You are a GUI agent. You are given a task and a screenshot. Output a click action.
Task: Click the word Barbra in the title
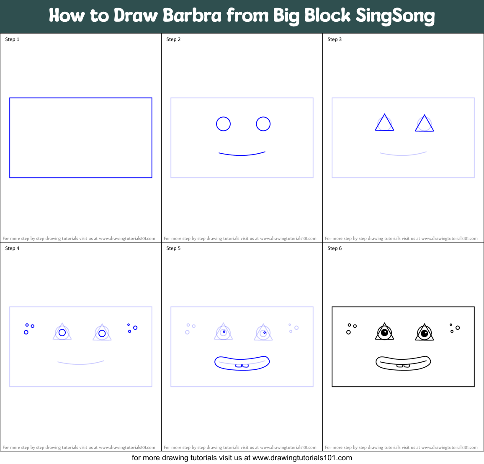coord(192,16)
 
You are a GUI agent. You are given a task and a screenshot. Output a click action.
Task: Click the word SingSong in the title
coord(395,16)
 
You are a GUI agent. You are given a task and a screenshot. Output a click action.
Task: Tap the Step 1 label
coord(12,39)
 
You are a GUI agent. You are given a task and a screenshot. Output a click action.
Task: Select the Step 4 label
coord(12,248)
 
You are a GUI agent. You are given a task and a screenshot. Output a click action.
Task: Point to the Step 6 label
coord(335,248)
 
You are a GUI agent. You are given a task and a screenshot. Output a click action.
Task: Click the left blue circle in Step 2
coord(223,124)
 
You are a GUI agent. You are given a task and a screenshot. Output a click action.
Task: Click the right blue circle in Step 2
coord(263,124)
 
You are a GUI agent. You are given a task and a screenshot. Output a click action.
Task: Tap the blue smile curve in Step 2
coord(242,155)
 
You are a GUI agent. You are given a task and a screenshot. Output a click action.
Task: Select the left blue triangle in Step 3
coord(384,123)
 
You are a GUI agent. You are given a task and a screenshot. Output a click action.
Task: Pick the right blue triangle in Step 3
coord(424,124)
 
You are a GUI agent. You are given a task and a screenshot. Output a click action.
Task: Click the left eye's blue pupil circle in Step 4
coord(62,333)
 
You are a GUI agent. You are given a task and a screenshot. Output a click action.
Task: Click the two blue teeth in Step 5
coord(242,366)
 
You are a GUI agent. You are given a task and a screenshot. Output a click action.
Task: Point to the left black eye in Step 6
coord(384,333)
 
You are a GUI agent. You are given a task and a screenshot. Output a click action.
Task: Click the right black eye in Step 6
coord(424,333)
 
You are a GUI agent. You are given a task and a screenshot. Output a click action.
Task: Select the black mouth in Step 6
coord(403,363)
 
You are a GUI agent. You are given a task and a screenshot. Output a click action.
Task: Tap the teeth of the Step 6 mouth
coord(403,366)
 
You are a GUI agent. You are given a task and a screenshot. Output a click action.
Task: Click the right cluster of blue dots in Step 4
coord(132,328)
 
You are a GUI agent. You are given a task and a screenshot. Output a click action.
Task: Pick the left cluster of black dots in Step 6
coord(351,328)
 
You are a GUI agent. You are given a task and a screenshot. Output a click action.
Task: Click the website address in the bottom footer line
coord(302,458)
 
